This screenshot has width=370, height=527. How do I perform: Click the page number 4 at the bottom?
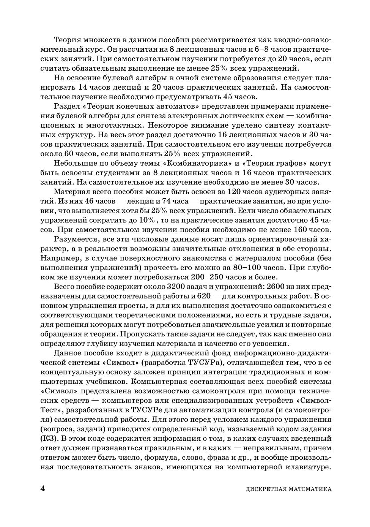coord(43,488)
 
